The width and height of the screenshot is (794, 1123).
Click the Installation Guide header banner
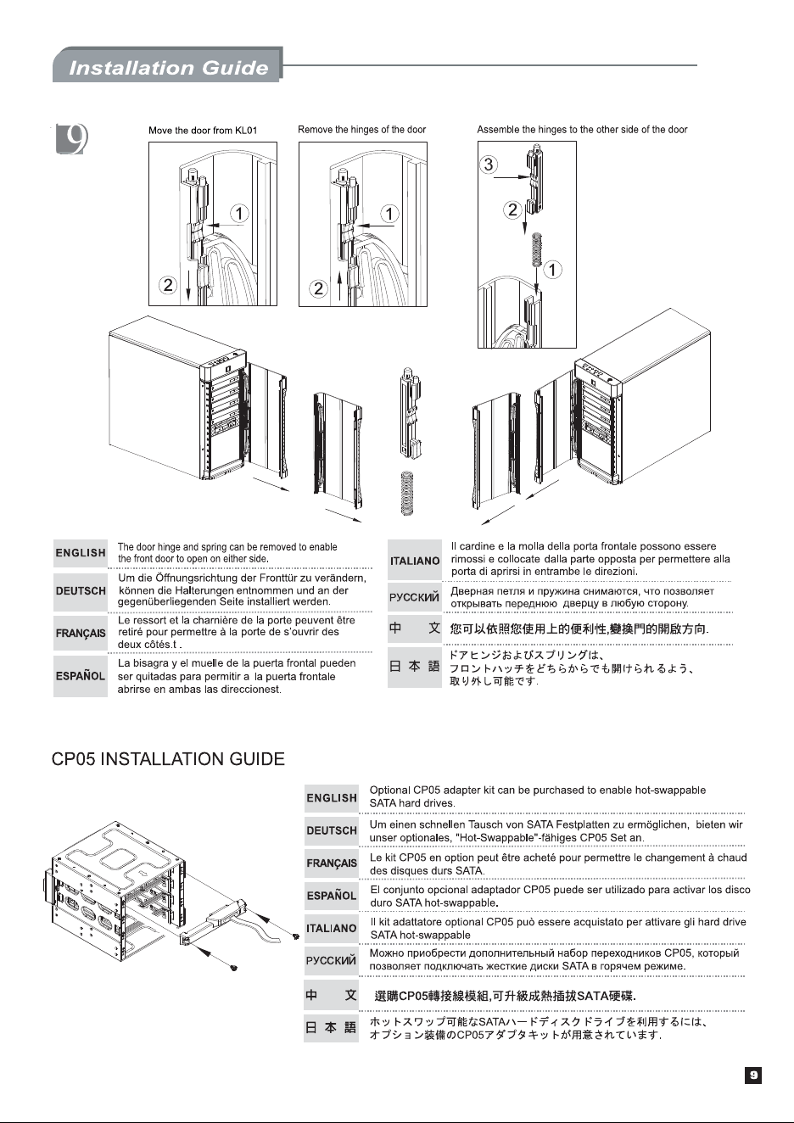[x=167, y=64]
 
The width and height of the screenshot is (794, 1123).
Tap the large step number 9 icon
[x=71, y=138]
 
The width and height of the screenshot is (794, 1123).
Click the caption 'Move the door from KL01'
[x=203, y=131]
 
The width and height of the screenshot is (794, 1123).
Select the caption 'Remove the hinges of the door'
[x=361, y=129]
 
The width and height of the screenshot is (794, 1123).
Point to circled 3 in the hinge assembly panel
[x=489, y=164]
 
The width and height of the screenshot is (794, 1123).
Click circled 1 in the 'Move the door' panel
[x=239, y=213]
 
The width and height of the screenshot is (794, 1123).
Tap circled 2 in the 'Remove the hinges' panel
[x=318, y=288]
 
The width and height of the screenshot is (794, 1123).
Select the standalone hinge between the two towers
[x=411, y=411]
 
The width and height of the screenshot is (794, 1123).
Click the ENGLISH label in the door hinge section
[x=81, y=553]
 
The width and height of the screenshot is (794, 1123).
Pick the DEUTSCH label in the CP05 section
[x=332, y=830]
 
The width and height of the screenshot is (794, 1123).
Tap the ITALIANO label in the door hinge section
[x=415, y=561]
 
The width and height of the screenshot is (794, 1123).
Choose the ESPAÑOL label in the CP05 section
[x=332, y=896]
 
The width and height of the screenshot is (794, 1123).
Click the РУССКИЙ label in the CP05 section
[x=332, y=960]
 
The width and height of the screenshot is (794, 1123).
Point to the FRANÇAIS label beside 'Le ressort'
[x=81, y=633]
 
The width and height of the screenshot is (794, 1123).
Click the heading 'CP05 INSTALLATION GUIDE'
[x=168, y=758]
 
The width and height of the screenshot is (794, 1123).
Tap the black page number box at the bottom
[x=753, y=1075]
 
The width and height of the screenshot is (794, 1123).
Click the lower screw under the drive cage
[x=232, y=967]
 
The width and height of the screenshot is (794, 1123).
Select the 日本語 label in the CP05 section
[x=332, y=1028]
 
